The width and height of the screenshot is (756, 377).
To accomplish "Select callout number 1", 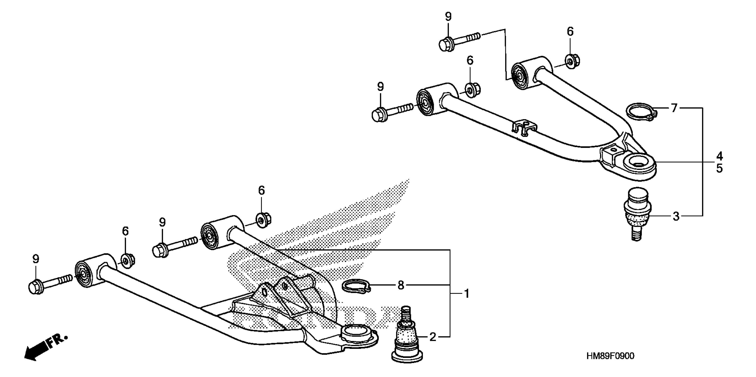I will [467, 293].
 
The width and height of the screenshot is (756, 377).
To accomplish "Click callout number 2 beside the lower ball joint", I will [433, 337].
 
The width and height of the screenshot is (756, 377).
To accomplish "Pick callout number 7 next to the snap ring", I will [674, 108].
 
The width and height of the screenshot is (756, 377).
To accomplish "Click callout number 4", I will [719, 156].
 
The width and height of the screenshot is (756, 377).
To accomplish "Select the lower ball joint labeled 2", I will [407, 340].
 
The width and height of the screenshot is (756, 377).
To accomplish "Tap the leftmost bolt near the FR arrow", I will [50, 283].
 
